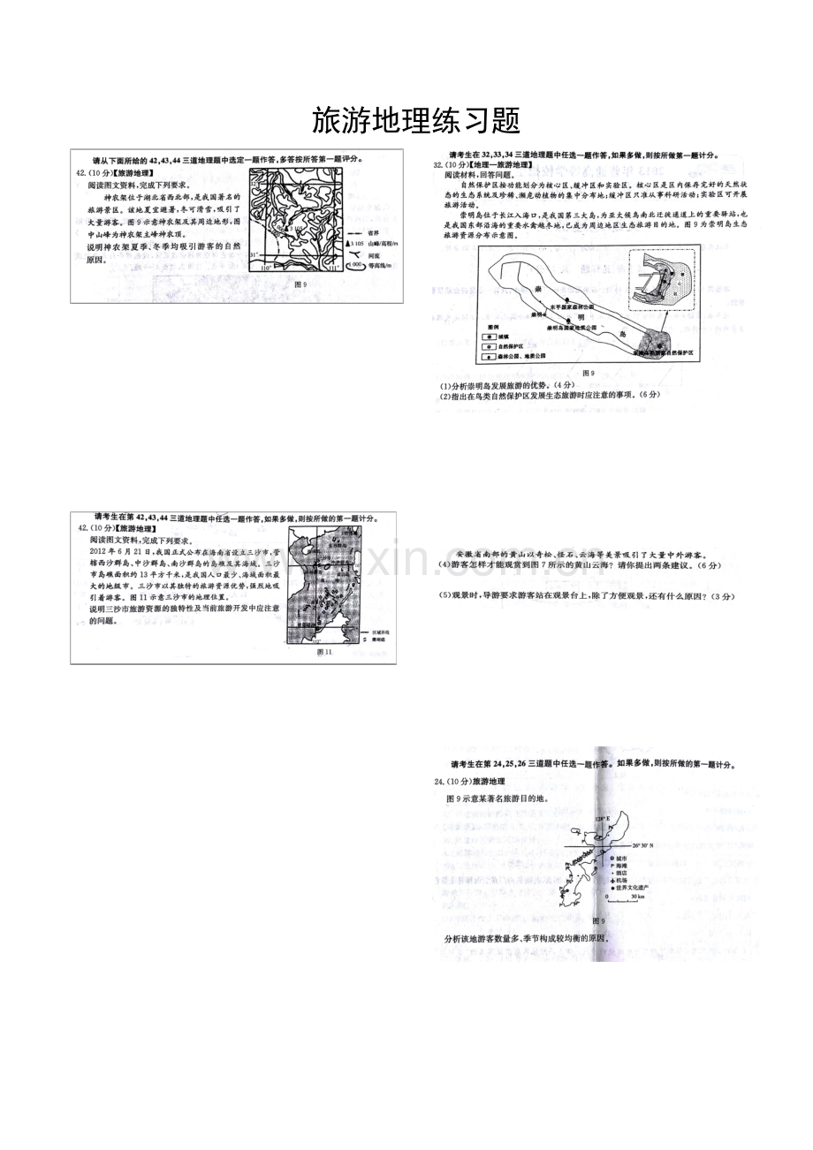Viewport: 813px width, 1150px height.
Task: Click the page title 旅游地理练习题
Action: pyautogui.click(x=406, y=120)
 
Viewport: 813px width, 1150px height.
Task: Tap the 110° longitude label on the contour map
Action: pyautogui.click(x=265, y=267)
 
